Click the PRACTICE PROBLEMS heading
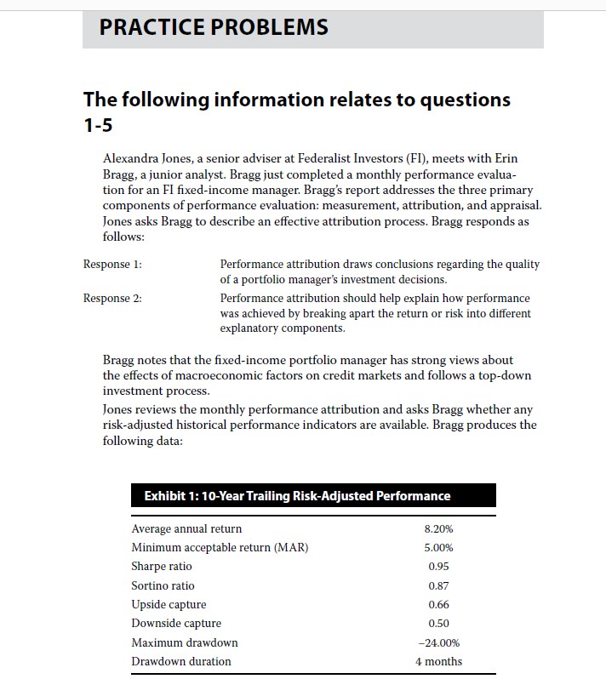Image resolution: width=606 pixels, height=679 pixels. tap(214, 27)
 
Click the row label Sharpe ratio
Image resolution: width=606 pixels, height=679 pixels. tap(162, 567)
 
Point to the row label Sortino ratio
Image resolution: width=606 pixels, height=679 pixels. tap(163, 585)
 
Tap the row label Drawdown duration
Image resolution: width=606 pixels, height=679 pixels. tap(181, 661)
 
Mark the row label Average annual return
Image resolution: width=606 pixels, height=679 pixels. tap(186, 529)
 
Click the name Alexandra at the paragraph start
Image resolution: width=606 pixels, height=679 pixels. tap(134, 159)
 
